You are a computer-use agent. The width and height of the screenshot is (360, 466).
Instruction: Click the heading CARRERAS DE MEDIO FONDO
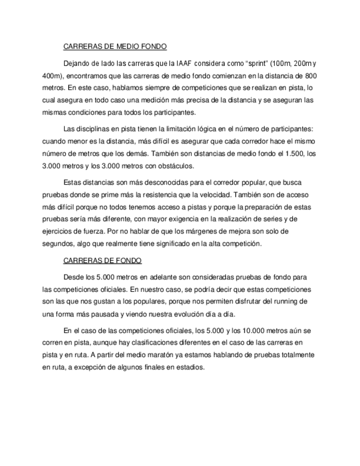(x=115, y=47)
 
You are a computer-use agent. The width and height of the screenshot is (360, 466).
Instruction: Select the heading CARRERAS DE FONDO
(x=103, y=260)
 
